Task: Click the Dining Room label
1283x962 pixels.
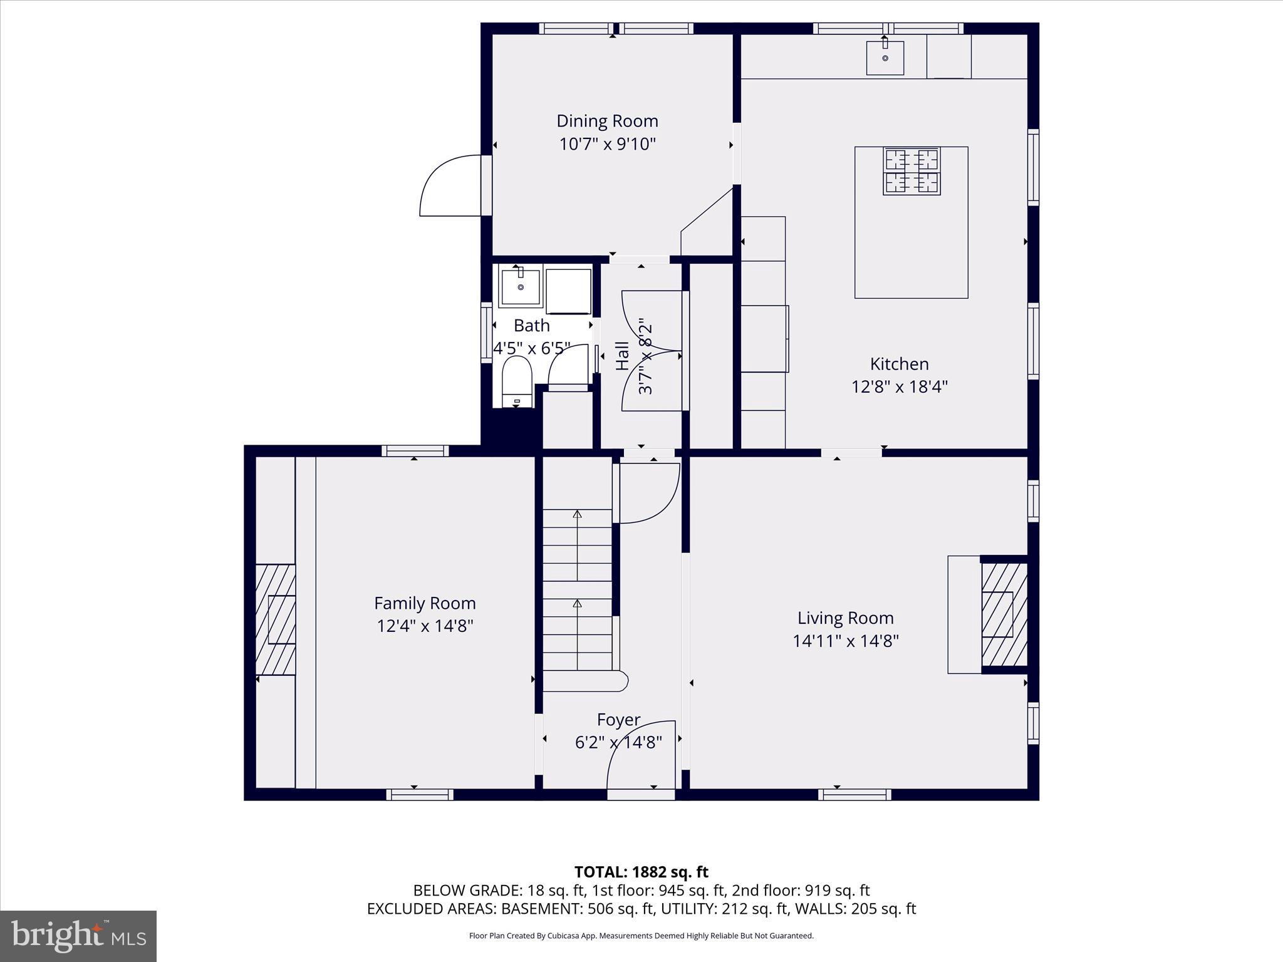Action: click(x=607, y=121)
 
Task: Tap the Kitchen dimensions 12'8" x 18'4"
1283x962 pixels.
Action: click(x=899, y=387)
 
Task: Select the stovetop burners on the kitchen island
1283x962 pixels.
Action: click(x=912, y=171)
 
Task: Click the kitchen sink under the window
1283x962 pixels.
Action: click(x=885, y=58)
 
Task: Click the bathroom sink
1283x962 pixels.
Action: click(x=521, y=287)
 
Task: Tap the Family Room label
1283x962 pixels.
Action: click(x=425, y=603)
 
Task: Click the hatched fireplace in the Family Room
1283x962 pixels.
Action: click(x=276, y=619)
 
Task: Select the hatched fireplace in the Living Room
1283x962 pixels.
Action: click(x=1003, y=614)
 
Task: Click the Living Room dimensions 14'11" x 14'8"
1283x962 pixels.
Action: click(x=845, y=641)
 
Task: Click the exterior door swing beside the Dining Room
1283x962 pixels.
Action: click(x=450, y=187)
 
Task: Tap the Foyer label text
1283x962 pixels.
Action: click(x=618, y=720)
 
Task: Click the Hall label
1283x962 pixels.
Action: click(x=622, y=356)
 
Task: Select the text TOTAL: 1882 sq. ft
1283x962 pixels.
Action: click(x=641, y=872)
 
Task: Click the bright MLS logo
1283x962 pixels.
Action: click(x=78, y=936)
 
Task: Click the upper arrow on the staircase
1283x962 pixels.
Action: click(x=578, y=515)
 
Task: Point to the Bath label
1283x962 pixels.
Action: click(x=531, y=326)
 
